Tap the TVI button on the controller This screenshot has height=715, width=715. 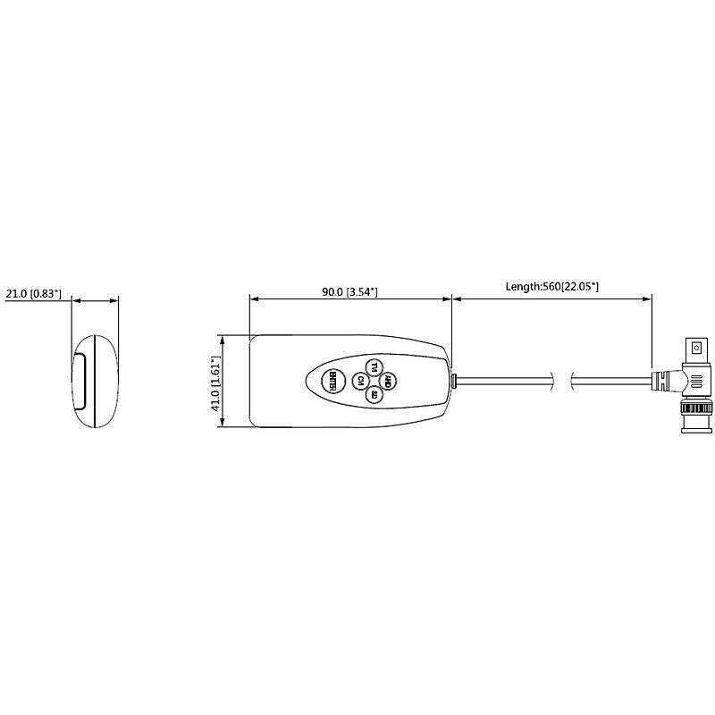374,368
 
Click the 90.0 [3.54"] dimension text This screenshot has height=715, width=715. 350,292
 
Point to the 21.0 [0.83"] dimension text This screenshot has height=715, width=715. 34,293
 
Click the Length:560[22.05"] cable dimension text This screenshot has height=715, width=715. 551,286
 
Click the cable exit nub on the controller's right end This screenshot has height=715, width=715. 455,381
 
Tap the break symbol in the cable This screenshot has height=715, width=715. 561,381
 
